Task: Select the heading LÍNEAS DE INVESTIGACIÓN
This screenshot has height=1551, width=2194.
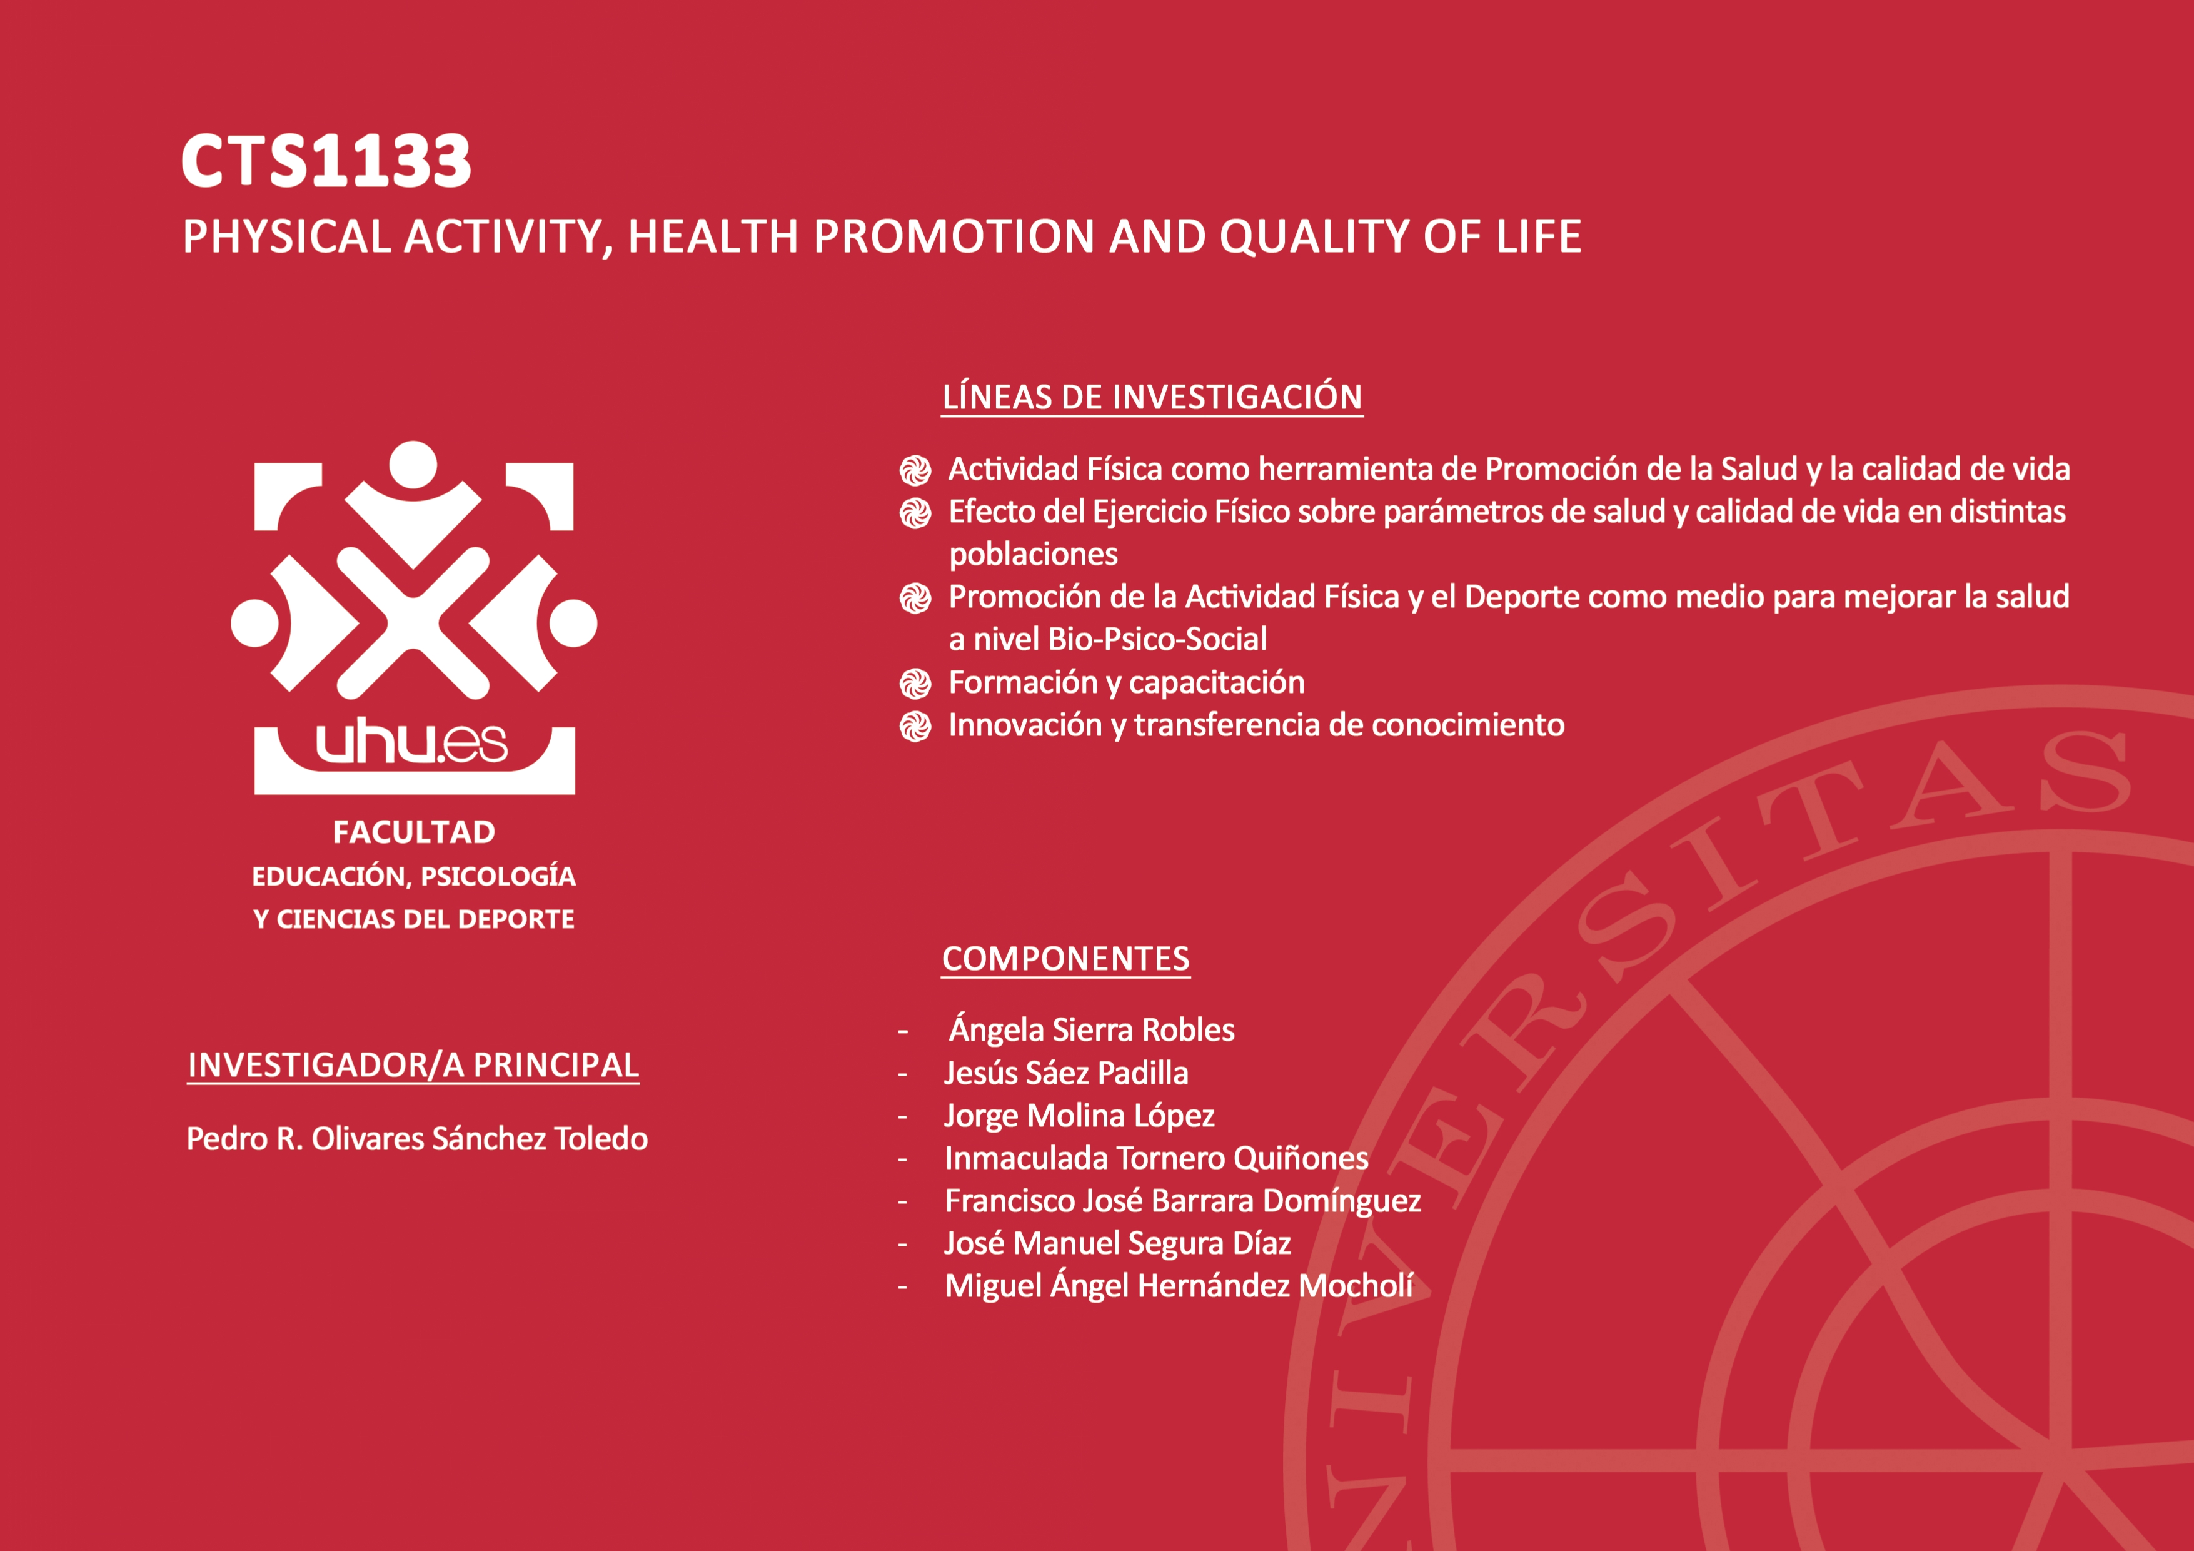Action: pos(1152,397)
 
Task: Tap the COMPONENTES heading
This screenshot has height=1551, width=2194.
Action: pos(1065,959)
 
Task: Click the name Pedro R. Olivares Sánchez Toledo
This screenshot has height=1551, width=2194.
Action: pos(416,1138)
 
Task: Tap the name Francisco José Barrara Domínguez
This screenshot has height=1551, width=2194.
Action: pos(1183,1200)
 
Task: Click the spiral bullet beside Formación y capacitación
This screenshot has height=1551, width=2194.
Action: pos(915,684)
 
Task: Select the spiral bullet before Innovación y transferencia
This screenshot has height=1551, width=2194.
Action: pos(915,726)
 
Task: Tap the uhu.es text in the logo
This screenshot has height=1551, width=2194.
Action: pos(412,744)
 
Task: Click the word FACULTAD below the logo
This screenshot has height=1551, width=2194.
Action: pos(414,832)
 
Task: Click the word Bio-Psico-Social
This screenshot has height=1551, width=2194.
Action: pos(1157,639)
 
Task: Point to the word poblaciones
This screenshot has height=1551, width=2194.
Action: pos(1033,554)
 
